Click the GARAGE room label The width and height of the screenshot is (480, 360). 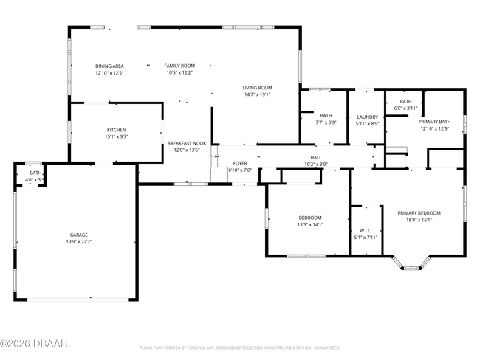point(78,235)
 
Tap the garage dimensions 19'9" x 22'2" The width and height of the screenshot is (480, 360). point(78,241)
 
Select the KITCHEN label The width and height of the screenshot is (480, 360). point(116,130)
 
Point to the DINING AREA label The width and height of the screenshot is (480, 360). point(109,66)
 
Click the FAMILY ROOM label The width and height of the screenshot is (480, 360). point(179,66)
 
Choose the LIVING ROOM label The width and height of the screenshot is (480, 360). point(258,88)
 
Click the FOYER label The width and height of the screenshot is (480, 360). point(240,163)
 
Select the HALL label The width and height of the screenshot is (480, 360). point(315,157)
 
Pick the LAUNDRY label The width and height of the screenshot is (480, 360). point(367,117)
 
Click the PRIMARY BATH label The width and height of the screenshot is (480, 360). point(434,122)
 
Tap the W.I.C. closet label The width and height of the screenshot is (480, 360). point(366,231)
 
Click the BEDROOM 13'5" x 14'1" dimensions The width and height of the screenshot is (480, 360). point(310,224)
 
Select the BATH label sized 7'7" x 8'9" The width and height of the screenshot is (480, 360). point(326,115)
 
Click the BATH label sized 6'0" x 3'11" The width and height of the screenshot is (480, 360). point(405,102)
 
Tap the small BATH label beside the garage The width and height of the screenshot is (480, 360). point(35,173)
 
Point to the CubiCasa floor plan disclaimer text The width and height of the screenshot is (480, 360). point(239,347)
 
